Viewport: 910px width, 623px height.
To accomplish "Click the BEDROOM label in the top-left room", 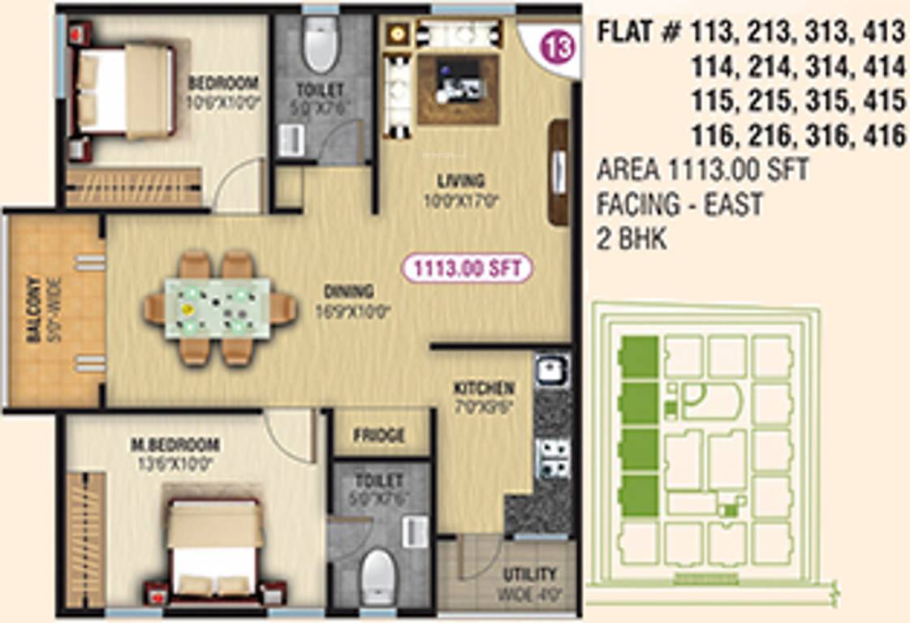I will coord(222,83).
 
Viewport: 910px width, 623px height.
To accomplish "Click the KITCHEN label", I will coord(484,388).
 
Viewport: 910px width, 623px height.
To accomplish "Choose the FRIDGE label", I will coord(379,436).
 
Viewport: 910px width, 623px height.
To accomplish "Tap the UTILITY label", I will coord(529,574).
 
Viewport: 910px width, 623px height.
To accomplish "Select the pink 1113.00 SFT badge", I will coord(467,268).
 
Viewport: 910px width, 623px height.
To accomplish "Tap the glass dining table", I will coord(218,307).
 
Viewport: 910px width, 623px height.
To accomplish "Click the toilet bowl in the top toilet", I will coord(318,46).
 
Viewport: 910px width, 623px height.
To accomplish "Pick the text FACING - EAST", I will coord(679,204).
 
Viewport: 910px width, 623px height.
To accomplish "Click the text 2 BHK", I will coord(632,239).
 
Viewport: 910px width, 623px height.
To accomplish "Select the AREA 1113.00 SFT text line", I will coord(703,170).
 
